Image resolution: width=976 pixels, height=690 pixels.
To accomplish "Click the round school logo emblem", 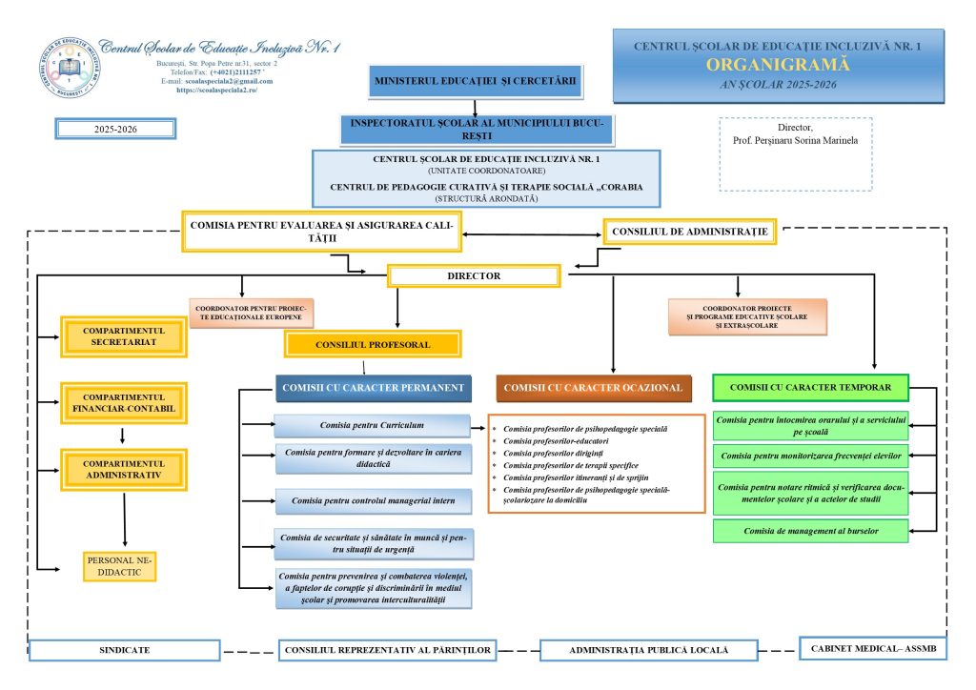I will click(67, 68).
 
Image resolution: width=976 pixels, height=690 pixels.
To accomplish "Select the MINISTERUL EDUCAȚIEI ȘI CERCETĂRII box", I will click(475, 82).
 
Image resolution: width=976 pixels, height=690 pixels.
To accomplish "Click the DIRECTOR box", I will click(474, 276).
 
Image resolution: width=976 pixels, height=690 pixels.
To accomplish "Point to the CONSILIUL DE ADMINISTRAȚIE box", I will click(690, 232).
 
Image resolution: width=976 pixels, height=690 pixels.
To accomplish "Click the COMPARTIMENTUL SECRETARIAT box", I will click(124, 336).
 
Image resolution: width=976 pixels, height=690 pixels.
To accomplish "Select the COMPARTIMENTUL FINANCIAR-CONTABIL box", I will click(124, 403).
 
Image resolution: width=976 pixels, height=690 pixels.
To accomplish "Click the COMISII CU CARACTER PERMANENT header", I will click(373, 388).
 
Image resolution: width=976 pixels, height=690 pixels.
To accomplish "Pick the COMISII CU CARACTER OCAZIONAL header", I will click(593, 388).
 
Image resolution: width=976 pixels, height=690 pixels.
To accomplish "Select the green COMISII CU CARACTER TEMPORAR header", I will click(810, 388).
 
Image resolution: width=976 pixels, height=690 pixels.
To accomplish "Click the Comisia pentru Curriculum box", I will click(372, 425).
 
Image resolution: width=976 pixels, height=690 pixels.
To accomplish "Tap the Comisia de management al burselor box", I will click(810, 531).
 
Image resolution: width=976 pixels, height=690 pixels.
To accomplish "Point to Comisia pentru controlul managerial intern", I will click(373, 500).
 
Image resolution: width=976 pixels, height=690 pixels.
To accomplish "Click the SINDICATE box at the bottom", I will click(125, 650).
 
